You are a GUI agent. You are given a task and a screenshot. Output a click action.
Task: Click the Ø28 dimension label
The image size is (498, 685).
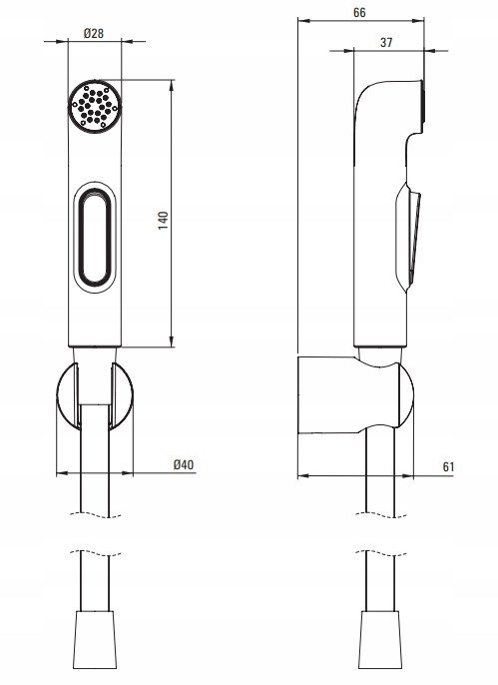(x=94, y=33)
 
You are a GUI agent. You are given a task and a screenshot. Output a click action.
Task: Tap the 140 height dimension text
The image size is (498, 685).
(x=163, y=221)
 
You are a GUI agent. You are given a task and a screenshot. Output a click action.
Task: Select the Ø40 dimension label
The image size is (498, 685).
(x=184, y=464)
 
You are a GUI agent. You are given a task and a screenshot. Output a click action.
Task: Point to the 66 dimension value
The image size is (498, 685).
(x=359, y=12)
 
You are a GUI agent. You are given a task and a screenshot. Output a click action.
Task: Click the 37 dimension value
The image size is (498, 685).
(x=386, y=42)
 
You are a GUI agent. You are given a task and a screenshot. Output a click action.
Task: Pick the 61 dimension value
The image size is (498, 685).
(x=448, y=466)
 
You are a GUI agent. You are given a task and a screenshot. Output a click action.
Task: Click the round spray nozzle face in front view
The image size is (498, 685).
(x=95, y=105)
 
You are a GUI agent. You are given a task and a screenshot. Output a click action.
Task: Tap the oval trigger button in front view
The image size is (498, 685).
(x=95, y=238)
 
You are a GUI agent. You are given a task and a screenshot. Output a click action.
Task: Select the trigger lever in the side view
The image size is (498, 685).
(x=409, y=237)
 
